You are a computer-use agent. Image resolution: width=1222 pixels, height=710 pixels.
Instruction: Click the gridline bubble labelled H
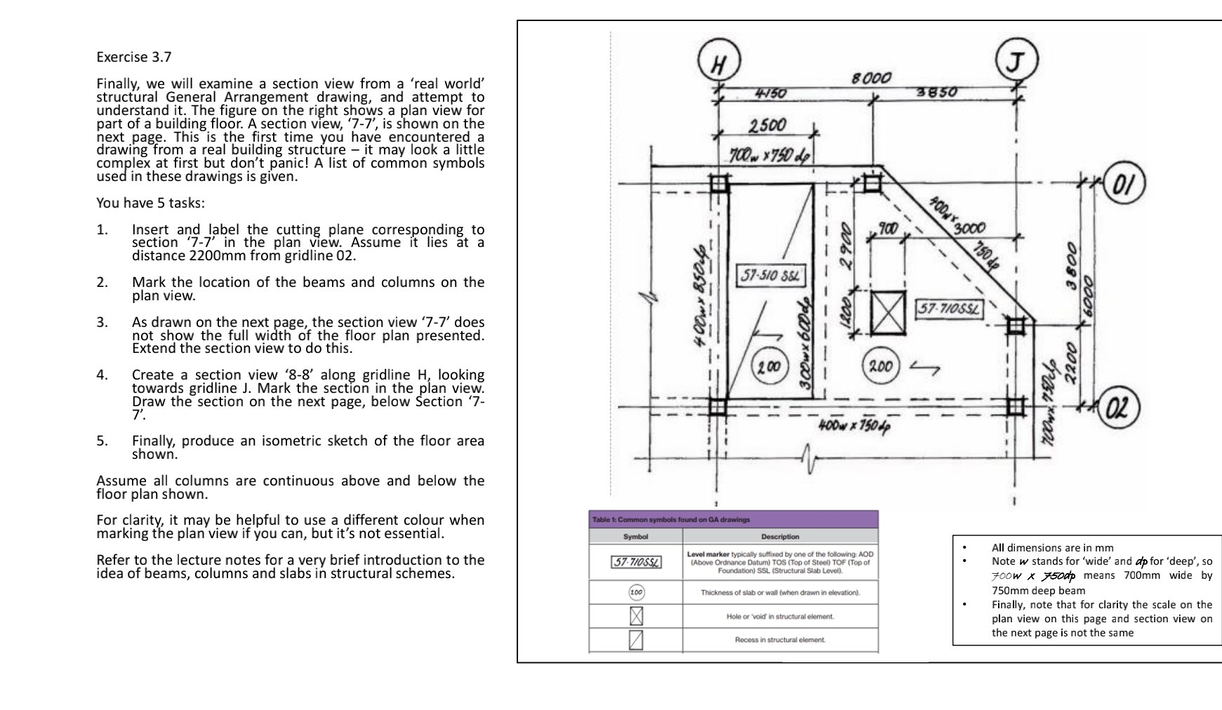717,65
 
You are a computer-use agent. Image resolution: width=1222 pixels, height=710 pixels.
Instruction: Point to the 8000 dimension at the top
871,78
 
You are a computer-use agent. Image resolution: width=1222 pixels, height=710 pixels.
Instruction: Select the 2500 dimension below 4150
766,126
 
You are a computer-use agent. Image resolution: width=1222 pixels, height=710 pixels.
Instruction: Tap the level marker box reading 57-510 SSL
769,274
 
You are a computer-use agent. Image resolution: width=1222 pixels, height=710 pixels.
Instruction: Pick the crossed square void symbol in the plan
887,313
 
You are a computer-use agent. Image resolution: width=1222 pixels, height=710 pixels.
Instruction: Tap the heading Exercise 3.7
133,57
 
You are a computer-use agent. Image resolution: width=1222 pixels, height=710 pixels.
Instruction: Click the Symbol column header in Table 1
635,537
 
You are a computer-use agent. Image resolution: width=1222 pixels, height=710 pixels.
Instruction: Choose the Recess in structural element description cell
780,640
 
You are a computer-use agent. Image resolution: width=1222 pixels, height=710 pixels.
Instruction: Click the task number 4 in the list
102,375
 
